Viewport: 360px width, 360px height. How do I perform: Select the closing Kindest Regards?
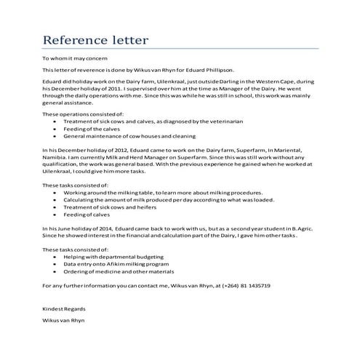coord(61,309)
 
